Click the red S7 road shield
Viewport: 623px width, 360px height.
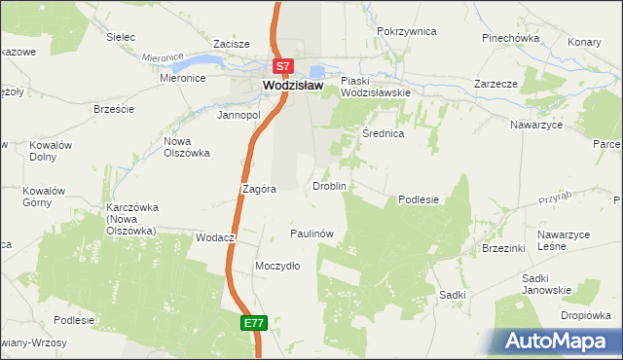tap(282, 67)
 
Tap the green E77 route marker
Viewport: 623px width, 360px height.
tap(254, 323)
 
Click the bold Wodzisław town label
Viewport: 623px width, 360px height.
tap(293, 86)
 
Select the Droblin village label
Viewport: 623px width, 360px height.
tap(329, 185)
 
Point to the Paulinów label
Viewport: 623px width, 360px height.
tap(312, 234)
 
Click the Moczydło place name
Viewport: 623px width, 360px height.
tap(276, 266)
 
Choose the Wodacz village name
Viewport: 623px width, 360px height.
tap(216, 237)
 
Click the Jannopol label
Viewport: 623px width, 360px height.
tap(239, 114)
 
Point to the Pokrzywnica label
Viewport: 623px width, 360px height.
tap(406, 31)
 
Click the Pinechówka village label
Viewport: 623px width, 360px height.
tap(510, 38)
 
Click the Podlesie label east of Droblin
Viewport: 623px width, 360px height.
tap(419, 199)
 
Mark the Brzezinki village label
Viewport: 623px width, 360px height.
tap(503, 249)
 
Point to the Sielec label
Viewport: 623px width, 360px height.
tap(121, 37)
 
